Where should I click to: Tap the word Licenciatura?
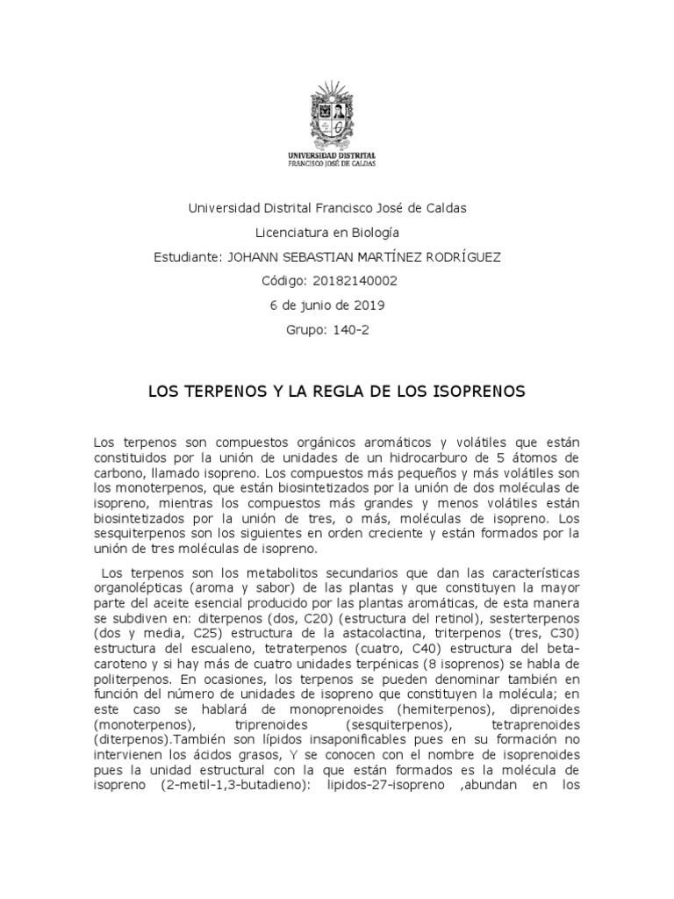coord(290,233)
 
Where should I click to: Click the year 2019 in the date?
coord(369,306)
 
